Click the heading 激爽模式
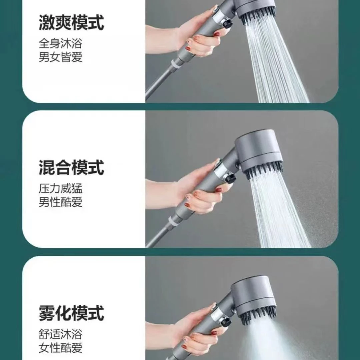coord(71,22)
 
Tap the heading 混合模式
coord(71,168)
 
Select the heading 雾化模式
coord(71,313)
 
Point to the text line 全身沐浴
coord(60,43)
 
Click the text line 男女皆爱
coord(60,57)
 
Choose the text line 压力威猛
coord(60,188)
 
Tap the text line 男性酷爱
coord(60,202)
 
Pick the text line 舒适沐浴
coord(60,334)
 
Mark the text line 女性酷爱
coord(60,348)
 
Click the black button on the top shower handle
coord(227,24)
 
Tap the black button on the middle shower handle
coord(230,179)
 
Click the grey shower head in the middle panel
coord(258,149)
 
